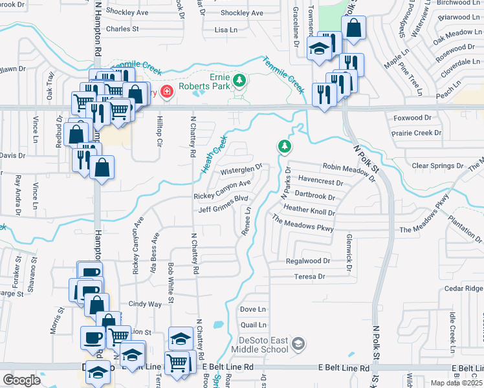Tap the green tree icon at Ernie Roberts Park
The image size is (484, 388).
(240, 80)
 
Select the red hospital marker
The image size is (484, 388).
(167, 92)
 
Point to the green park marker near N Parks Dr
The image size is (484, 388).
(284, 147)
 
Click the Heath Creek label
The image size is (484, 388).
(215, 155)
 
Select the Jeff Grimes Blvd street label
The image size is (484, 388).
(223, 205)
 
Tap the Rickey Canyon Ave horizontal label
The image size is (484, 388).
(222, 190)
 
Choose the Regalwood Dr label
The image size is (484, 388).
(308, 261)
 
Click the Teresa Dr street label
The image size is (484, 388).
(309, 277)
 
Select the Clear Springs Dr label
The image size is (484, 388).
(437, 166)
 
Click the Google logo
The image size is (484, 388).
(21, 380)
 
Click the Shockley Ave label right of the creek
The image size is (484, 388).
(241, 13)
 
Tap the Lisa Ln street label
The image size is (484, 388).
(226, 30)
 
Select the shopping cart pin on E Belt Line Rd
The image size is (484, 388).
(178, 363)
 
